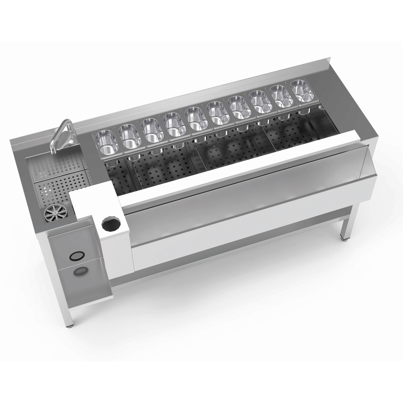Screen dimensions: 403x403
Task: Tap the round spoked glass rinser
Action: (55, 213)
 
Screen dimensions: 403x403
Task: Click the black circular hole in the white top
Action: (109, 224)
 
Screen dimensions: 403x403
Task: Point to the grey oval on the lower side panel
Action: (81, 271)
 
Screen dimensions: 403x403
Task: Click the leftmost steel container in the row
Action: (107, 141)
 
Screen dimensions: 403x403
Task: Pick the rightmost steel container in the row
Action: (302, 90)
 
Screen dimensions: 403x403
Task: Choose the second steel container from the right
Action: (282, 96)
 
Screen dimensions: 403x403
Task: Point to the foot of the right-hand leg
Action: (345, 238)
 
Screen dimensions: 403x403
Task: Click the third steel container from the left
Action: (152, 129)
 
